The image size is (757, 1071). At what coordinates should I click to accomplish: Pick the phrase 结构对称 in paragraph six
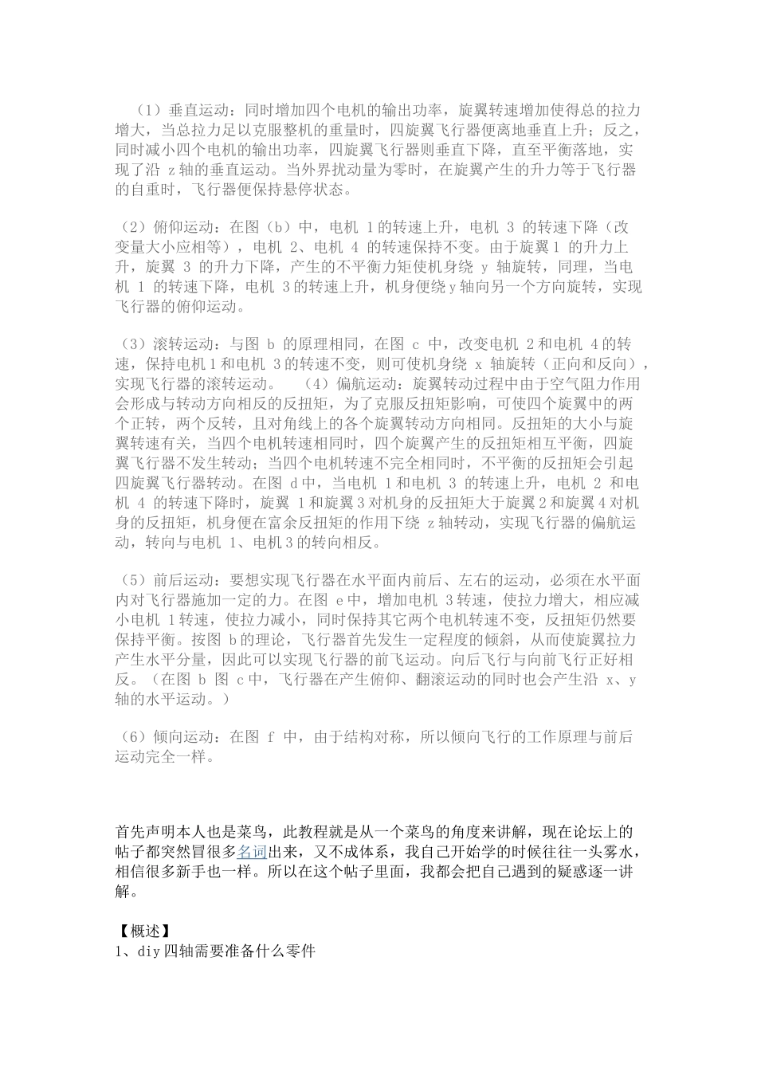383,737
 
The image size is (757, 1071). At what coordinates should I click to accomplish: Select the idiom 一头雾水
602,852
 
